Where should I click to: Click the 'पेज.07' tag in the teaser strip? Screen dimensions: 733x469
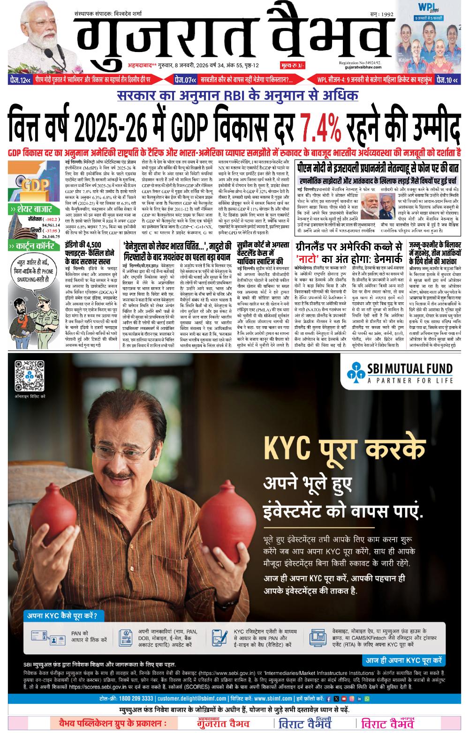point(184,79)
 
